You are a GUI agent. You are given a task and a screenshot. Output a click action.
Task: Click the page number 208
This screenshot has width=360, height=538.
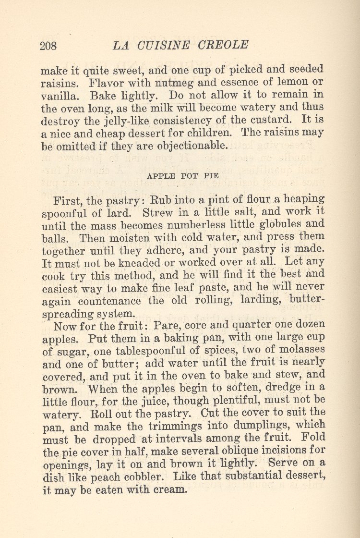(x=48, y=46)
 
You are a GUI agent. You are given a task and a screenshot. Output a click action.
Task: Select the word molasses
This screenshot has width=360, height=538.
(x=299, y=349)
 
